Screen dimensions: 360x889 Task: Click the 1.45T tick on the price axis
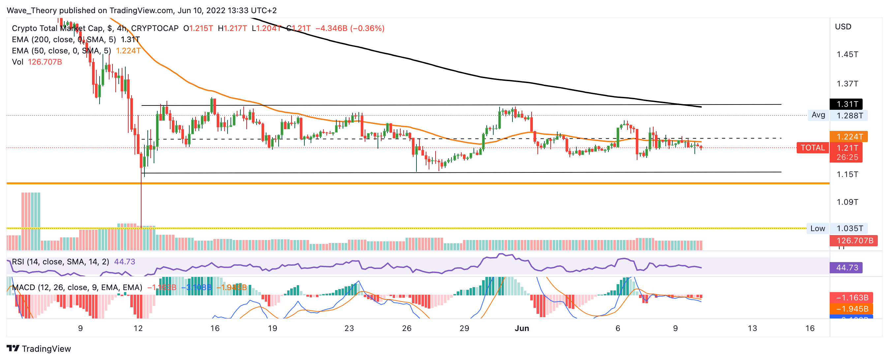tap(847, 54)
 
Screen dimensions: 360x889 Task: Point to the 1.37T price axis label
tap(847, 83)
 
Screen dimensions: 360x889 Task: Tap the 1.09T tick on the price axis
tap(847, 202)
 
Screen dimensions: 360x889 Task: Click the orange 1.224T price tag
tap(848, 137)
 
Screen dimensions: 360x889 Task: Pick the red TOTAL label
tap(812, 148)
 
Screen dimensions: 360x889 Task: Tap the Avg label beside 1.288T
tap(818, 115)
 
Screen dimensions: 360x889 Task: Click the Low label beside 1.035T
tap(817, 228)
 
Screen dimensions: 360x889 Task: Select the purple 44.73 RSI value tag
tap(846, 267)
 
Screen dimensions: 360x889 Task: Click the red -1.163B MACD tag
tap(851, 297)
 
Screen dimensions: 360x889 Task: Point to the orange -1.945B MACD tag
tap(851, 309)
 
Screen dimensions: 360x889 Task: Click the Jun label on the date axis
tap(521, 328)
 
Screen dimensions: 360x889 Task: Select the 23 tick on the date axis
tap(349, 328)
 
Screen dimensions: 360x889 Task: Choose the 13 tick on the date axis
tap(752, 328)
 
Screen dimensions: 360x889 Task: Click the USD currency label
tap(843, 27)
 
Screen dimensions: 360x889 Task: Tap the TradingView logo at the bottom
tap(39, 348)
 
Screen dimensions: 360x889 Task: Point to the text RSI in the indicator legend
tap(18, 262)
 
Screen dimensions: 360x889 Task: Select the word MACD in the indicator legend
tap(23, 287)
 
